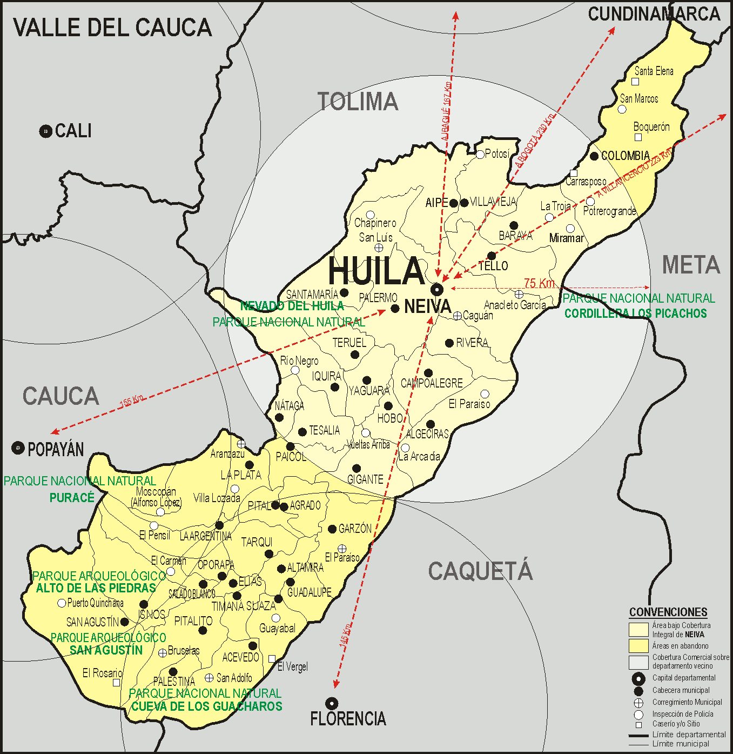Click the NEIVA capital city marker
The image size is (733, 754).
point(437,290)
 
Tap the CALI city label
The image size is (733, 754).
point(73,131)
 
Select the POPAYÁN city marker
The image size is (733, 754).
point(18,448)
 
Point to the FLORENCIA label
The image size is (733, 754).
point(348,719)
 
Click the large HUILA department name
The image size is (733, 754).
point(376,271)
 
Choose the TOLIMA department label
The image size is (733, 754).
point(358,102)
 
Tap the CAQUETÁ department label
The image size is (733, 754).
point(480,571)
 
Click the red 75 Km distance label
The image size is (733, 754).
point(539,283)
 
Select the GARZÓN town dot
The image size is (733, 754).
point(332,529)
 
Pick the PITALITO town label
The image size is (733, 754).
point(193,622)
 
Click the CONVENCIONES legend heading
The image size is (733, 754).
point(668,612)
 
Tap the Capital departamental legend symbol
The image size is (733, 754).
point(638,679)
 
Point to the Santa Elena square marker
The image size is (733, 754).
point(635,82)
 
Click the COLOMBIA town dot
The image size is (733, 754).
point(594,156)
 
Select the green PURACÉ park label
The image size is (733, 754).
point(72,498)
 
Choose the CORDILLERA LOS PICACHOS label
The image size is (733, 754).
point(635,313)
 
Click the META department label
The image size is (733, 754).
point(691,265)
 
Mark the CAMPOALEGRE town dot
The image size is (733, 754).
point(428,373)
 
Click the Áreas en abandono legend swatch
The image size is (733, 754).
point(638,646)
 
